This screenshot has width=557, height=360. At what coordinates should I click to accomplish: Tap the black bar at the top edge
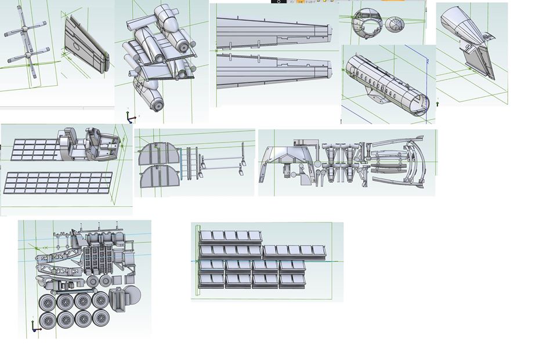tap(278, 2)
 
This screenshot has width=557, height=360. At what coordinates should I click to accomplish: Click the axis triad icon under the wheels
tap(36, 328)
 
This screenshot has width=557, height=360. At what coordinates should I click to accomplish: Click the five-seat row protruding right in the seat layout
tap(295, 250)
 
